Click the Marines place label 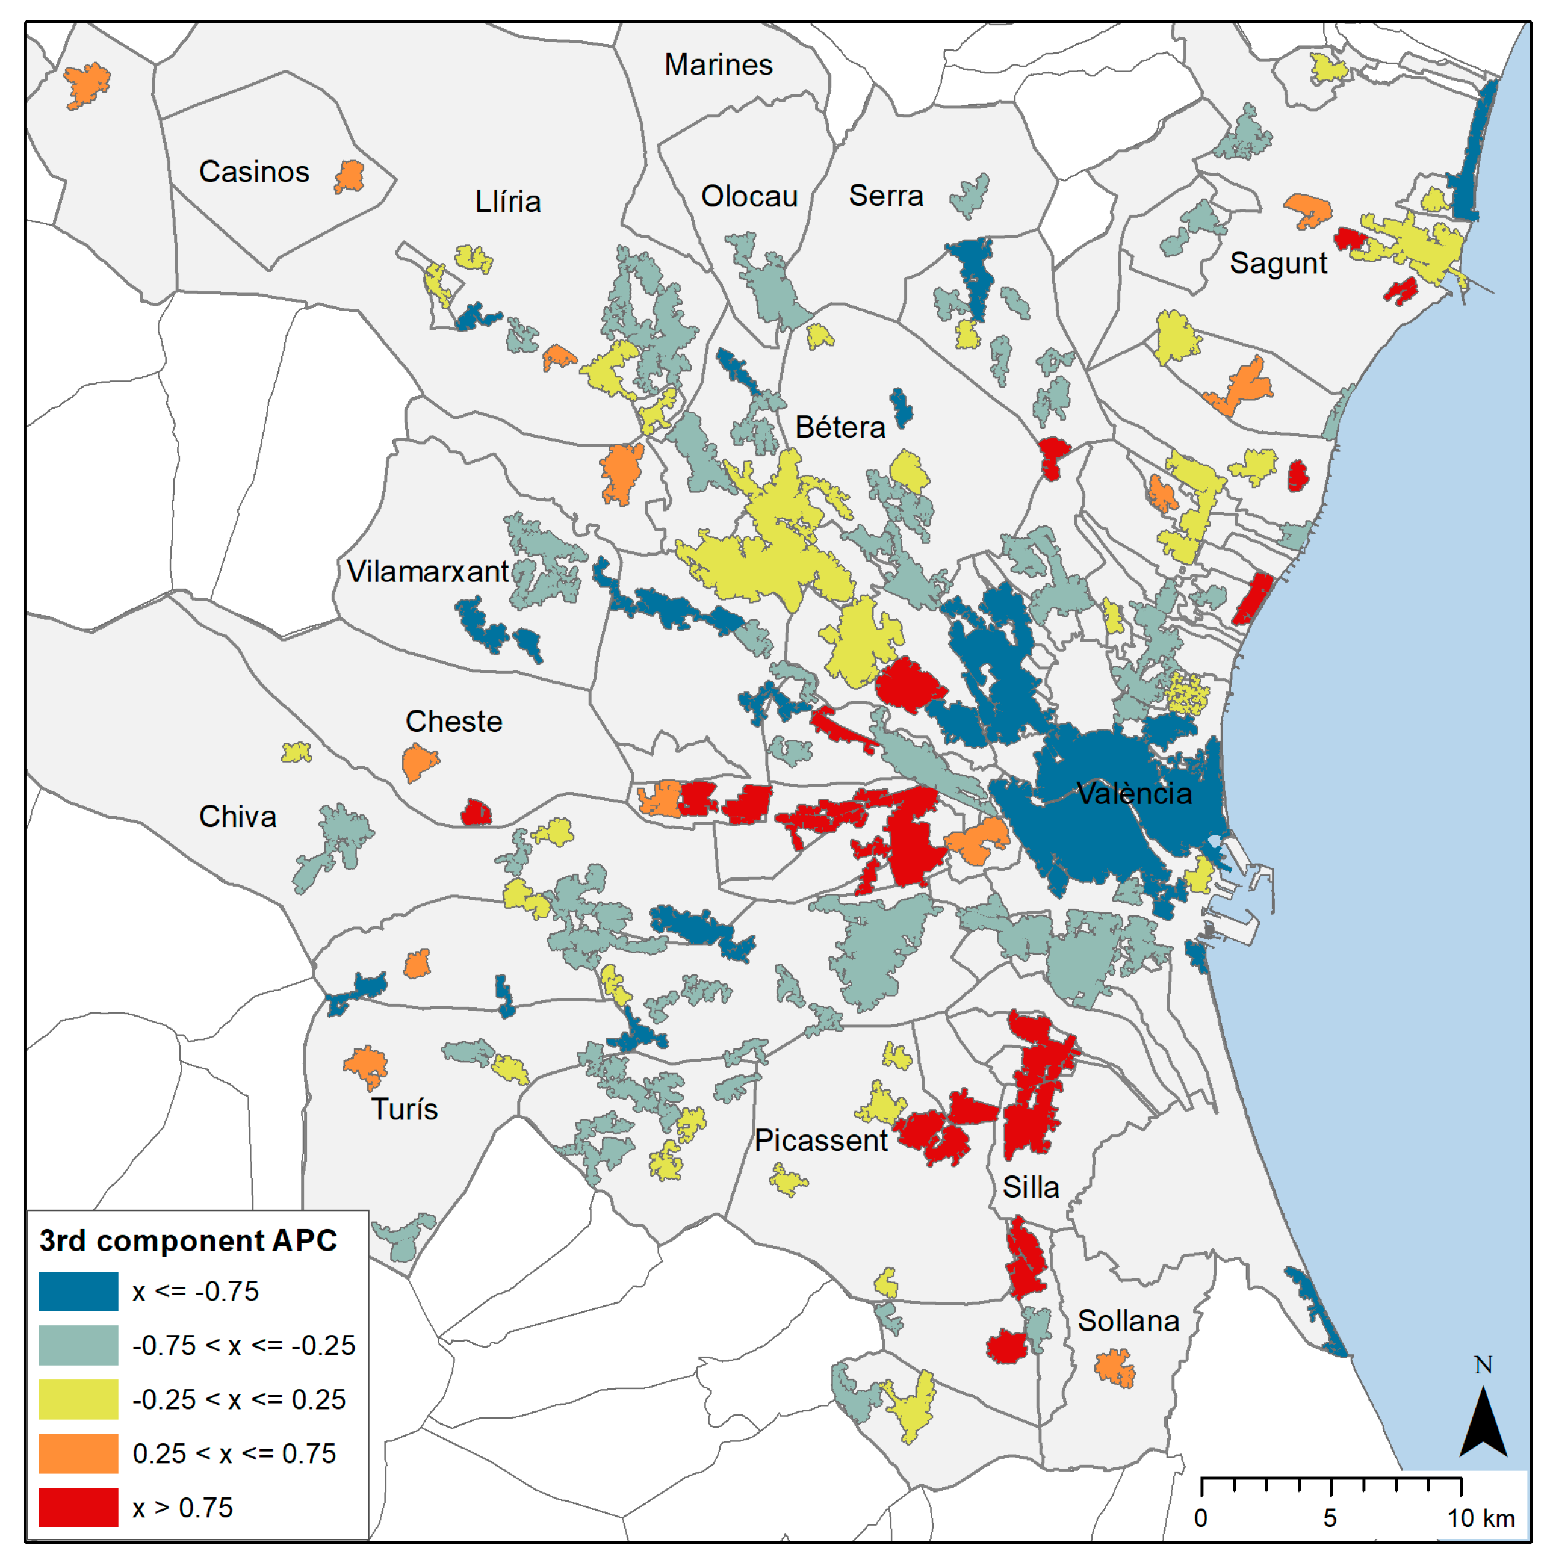(718, 65)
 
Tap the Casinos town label (254, 172)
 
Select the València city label (1133, 794)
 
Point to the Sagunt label (1277, 263)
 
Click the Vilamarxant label (427, 571)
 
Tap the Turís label (405, 1109)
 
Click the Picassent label (820, 1140)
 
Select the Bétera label (840, 427)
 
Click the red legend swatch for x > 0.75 (78, 1507)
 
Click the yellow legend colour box (78, 1399)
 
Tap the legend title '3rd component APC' (188, 1240)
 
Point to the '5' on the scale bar (1329, 1518)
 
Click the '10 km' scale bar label (1480, 1518)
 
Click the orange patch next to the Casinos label (350, 176)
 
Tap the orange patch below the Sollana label (1115, 1367)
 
